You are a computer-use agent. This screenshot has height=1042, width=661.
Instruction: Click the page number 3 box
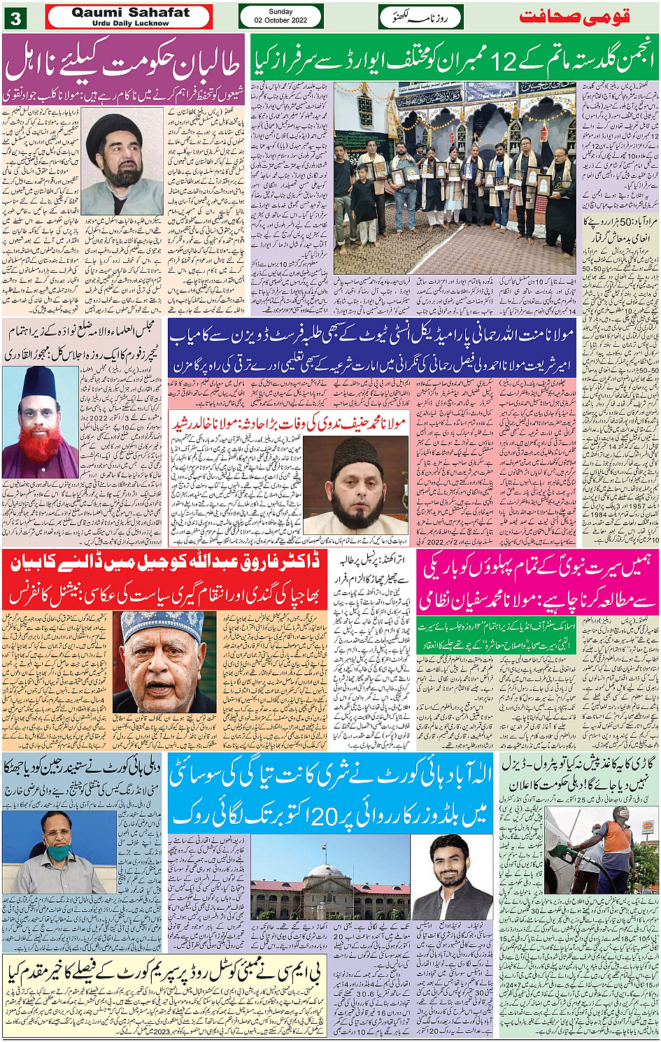(x=15, y=18)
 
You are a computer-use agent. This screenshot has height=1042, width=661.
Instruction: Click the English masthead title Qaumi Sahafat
(x=130, y=12)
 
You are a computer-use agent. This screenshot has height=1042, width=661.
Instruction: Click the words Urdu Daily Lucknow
(x=130, y=23)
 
